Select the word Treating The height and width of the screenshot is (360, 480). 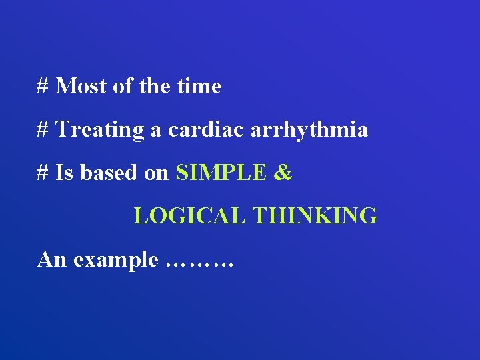pos(100,129)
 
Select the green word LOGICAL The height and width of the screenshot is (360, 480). pos(191,216)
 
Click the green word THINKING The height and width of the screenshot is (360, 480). pos(315,216)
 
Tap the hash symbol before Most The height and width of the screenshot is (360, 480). pos(43,86)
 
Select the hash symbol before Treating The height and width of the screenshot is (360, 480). pos(43,129)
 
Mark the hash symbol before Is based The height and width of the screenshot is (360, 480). pos(43,173)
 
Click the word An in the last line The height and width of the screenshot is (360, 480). pos(53,259)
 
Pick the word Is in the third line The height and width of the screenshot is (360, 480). pos(65,173)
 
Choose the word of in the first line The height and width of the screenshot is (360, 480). pos(123,86)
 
